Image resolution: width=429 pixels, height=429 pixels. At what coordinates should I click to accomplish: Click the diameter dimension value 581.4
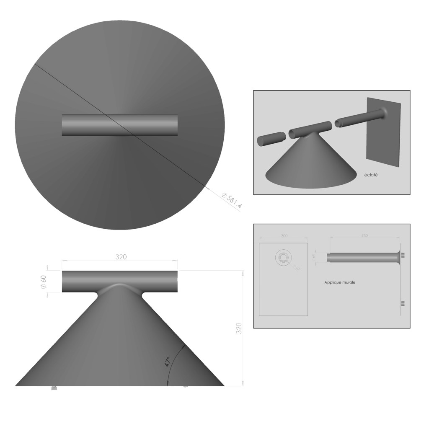pyautogui.click(x=232, y=201)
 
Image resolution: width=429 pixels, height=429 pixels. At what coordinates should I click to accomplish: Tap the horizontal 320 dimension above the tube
pyautogui.click(x=121, y=256)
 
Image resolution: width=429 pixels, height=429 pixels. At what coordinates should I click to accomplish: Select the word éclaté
pyautogui.click(x=371, y=175)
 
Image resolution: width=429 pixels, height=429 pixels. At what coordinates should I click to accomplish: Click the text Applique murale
pyautogui.click(x=340, y=282)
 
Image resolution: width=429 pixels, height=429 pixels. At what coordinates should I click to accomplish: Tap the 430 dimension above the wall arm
pyautogui.click(x=364, y=236)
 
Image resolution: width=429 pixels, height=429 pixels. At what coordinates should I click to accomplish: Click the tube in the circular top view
pyautogui.click(x=119, y=125)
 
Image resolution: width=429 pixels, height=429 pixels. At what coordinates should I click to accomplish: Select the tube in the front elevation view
pyautogui.click(x=119, y=281)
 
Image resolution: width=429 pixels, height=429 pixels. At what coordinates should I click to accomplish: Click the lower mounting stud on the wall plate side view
pyautogui.click(x=403, y=303)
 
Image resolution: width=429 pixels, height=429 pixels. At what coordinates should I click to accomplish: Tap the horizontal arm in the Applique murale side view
pyautogui.click(x=360, y=256)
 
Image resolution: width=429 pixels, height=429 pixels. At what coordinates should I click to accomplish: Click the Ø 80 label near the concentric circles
pyautogui.click(x=297, y=267)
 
